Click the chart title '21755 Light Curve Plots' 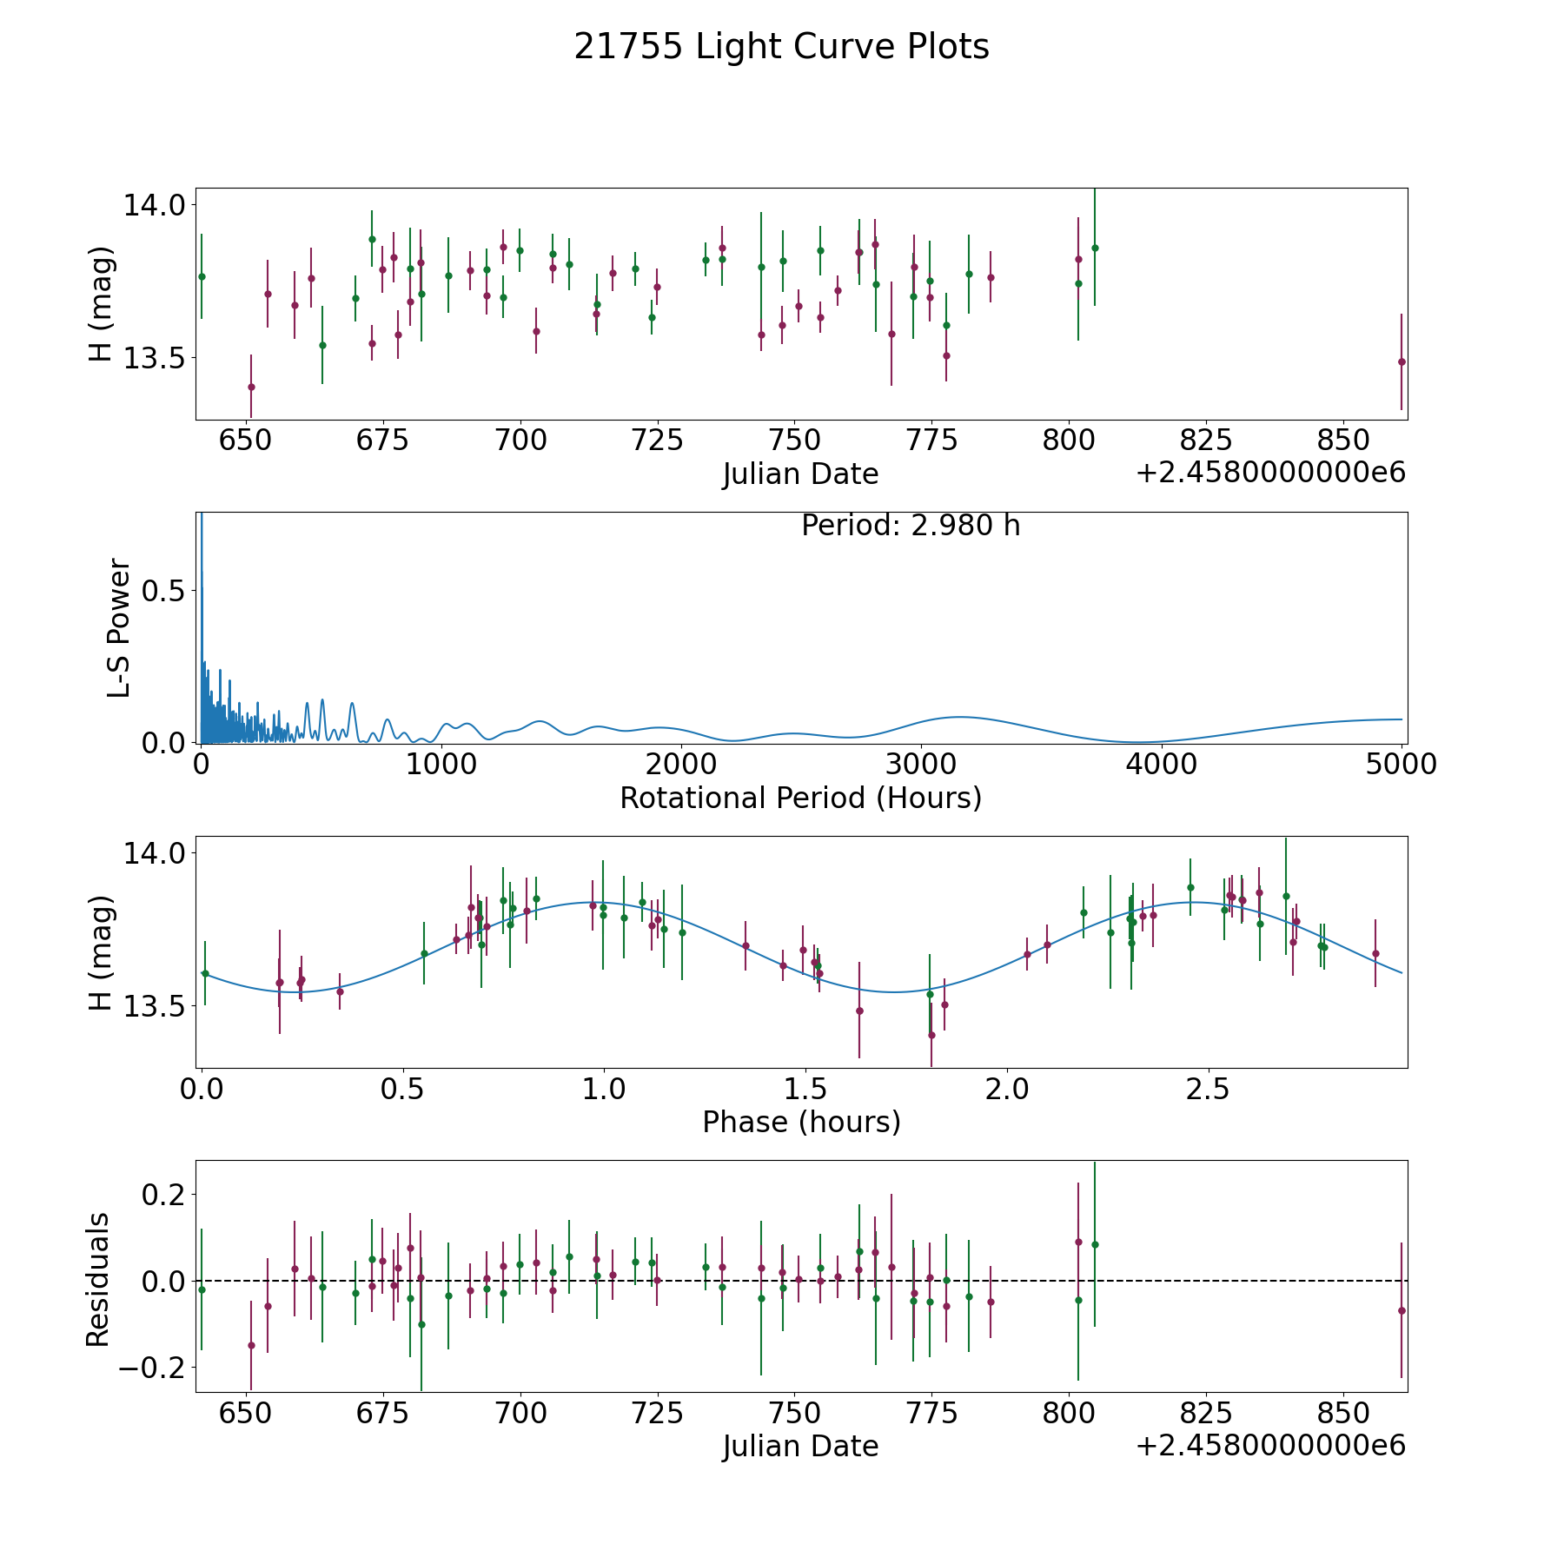click(x=781, y=47)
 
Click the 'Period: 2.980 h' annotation click(x=911, y=526)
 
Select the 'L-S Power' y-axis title click(x=119, y=627)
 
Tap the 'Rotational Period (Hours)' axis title click(x=800, y=798)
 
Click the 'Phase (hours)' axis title click(x=801, y=1122)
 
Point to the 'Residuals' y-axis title click(x=97, y=1280)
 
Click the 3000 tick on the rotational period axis click(x=921, y=765)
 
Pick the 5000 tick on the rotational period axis click(x=1402, y=765)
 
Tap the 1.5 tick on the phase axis click(x=805, y=1089)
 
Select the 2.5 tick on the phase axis click(x=1207, y=1089)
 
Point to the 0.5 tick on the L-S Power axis click(x=164, y=590)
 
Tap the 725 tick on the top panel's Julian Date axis click(x=657, y=441)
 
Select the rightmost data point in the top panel click(x=1402, y=361)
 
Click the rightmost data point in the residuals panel click(x=1402, y=1310)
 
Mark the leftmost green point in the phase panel click(x=205, y=973)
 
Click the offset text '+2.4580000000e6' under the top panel click(x=1270, y=474)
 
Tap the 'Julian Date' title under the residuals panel click(x=800, y=1447)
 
